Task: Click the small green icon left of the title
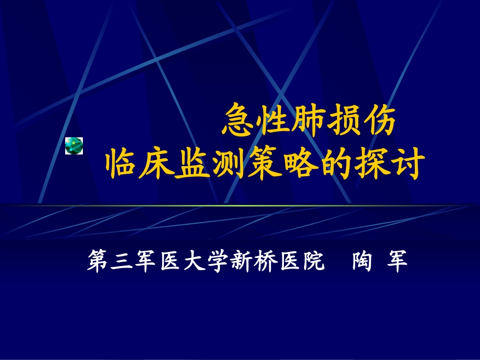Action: point(74,145)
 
